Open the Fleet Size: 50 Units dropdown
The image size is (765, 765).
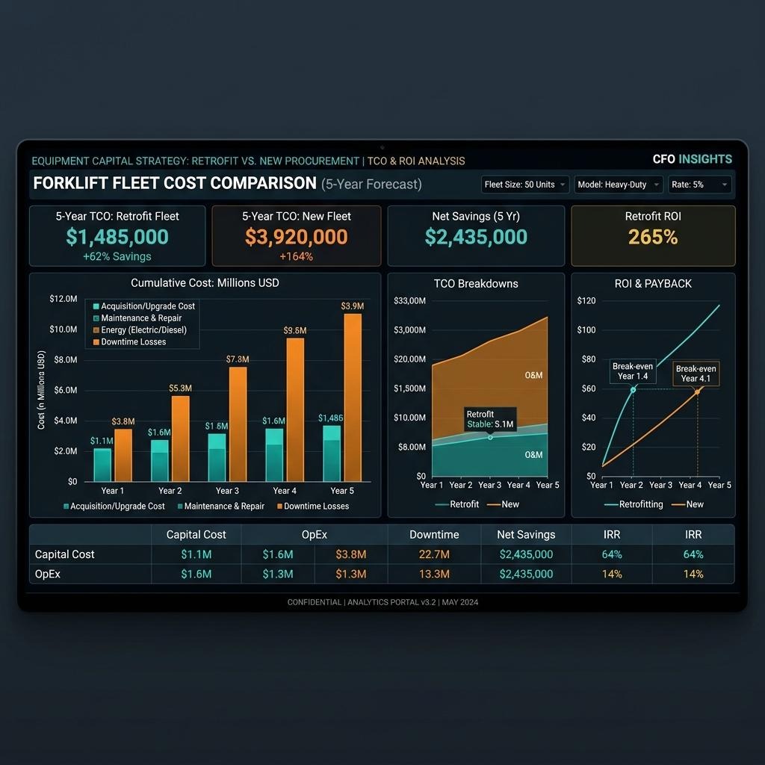524,185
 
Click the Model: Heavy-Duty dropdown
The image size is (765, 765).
618,185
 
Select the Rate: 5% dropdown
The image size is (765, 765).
699,185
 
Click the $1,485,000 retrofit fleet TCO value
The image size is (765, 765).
117,237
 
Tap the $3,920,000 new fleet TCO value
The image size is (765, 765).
297,237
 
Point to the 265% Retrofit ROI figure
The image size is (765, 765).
653,237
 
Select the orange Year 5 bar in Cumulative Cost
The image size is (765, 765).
352,397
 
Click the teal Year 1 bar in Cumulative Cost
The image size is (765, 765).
102,465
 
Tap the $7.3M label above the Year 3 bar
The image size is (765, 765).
238,360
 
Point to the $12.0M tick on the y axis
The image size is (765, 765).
63,299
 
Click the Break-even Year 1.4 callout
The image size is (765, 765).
633,371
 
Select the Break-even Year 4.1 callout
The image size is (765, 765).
696,374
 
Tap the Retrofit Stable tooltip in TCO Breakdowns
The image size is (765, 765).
489,419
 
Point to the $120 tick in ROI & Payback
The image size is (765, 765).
586,301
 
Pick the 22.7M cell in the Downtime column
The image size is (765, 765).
434,554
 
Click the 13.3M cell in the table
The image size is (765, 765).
434,574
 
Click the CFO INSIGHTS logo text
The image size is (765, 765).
692,159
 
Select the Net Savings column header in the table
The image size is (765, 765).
526,535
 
